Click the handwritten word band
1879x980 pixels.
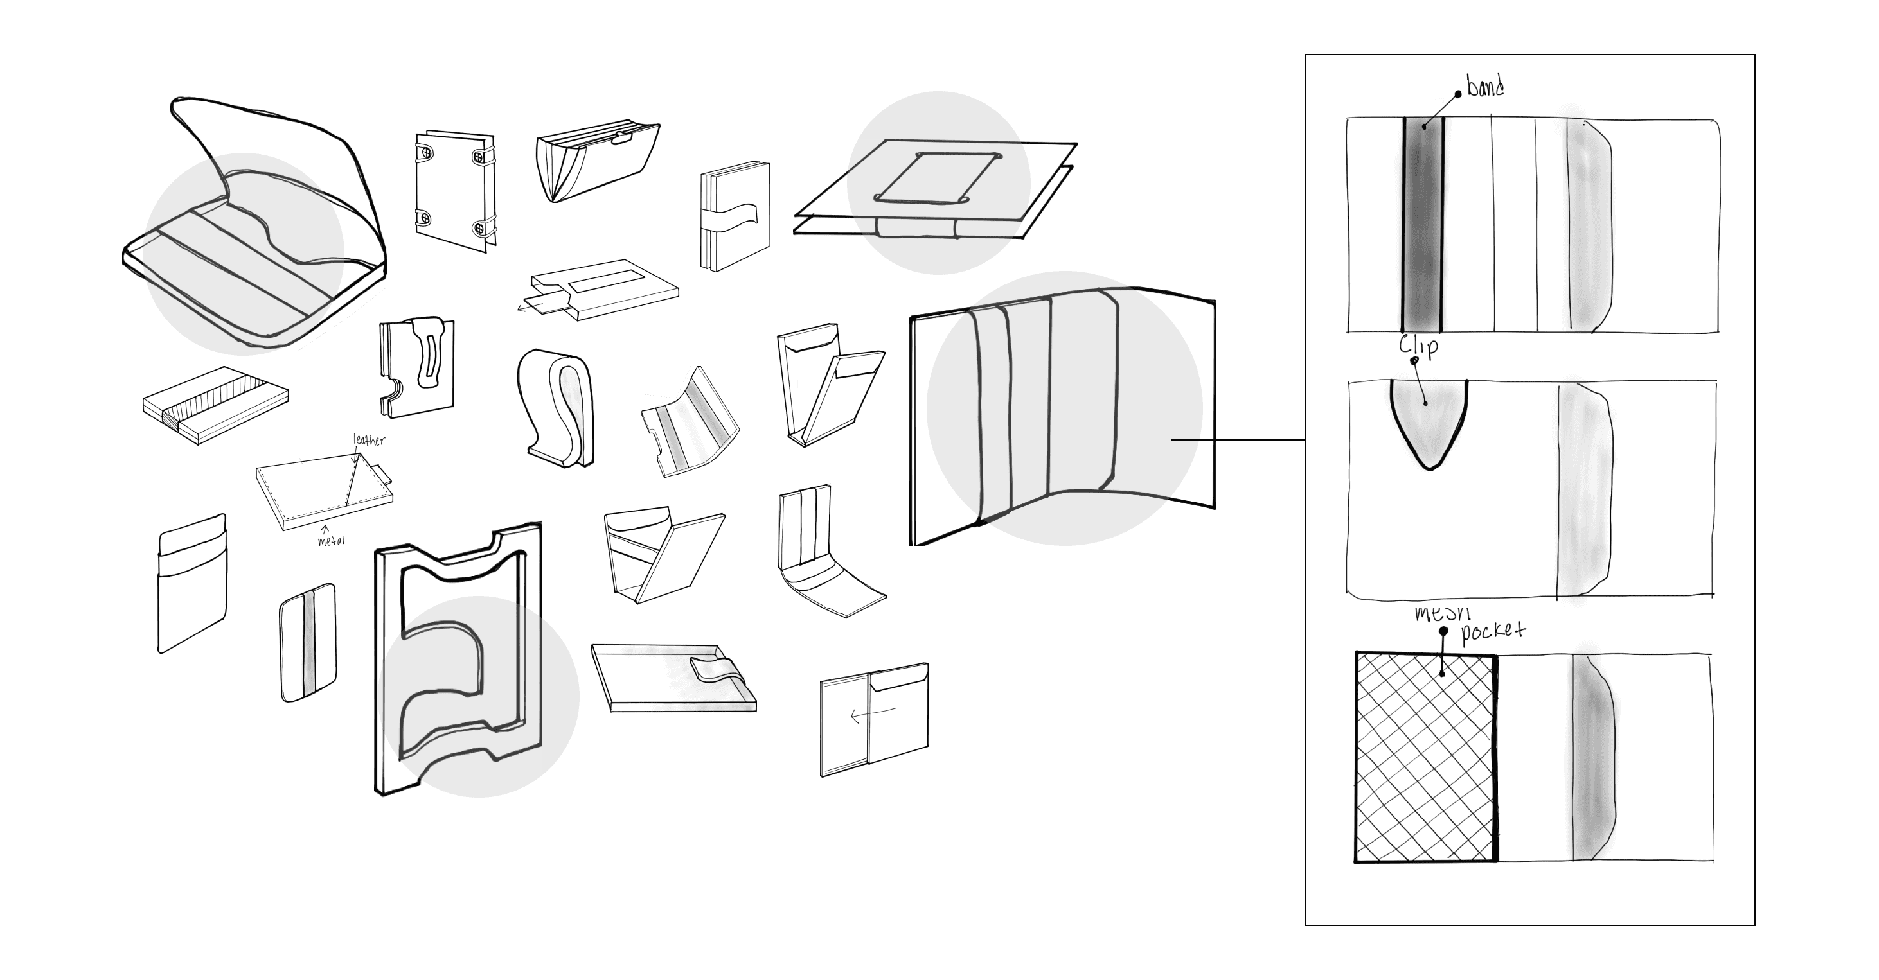(1484, 87)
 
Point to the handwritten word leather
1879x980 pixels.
(369, 440)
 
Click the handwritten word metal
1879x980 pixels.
(331, 540)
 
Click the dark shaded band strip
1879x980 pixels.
(1422, 226)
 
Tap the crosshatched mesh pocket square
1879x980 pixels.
(1426, 758)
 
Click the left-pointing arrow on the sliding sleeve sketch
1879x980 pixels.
(871, 712)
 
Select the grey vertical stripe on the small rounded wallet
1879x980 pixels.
(309, 642)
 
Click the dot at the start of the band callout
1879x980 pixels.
(1458, 93)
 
